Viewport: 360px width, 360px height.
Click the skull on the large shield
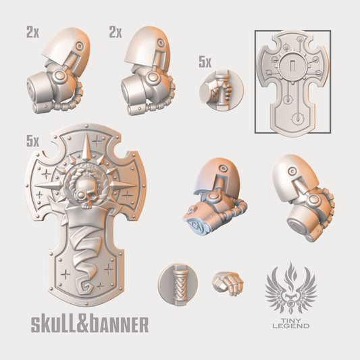83,193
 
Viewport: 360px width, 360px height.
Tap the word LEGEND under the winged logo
291,326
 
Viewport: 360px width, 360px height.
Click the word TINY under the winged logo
291,320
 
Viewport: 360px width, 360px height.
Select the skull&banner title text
90,325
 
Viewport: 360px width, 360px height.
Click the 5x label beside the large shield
32,141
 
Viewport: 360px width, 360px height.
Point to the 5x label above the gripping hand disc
205,62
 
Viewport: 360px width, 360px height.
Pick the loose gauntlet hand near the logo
228,283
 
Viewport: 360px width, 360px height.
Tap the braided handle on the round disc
180,285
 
